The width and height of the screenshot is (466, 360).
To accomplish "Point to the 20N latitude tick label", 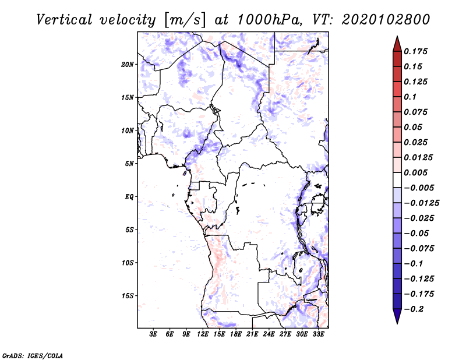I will click(x=128, y=64).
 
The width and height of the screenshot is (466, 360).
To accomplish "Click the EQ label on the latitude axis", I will click(x=129, y=197).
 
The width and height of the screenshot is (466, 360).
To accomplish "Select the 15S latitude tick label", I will click(x=128, y=296).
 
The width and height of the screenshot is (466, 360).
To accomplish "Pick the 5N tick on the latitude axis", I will click(x=129, y=164).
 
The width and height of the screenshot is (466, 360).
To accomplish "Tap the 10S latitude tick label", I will click(x=128, y=263).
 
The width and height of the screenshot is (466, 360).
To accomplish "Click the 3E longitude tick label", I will click(x=154, y=334).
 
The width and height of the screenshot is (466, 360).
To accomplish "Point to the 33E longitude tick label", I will click(x=319, y=334).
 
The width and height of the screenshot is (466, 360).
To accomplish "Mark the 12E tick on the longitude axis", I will click(x=203, y=334).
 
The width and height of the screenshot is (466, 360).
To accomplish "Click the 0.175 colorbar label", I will click(x=416, y=51).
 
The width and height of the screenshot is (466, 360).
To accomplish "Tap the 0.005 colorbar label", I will click(x=416, y=172).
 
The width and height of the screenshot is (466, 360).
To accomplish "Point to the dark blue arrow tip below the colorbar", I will click(x=396, y=318).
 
